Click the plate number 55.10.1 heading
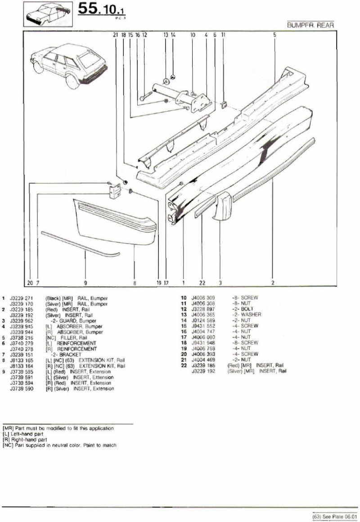click(x=101, y=10)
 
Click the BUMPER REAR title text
click(x=310, y=25)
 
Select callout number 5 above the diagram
click(x=274, y=34)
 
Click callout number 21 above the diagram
click(x=115, y=34)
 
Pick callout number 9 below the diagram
click(x=85, y=283)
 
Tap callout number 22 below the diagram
click(x=202, y=283)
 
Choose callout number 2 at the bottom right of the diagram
click(x=273, y=283)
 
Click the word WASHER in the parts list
click(x=251, y=315)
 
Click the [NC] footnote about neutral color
click(x=59, y=445)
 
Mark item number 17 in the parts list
click(x=183, y=337)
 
